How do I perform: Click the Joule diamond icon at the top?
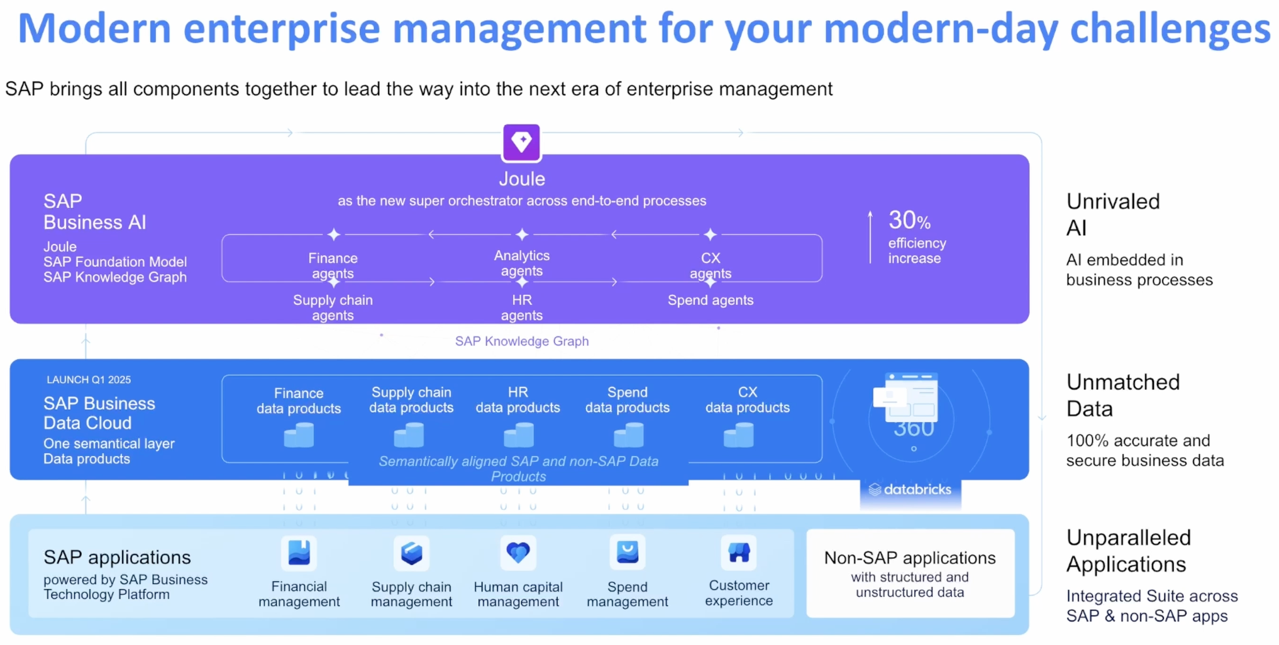click(x=521, y=142)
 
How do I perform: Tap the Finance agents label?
click(x=333, y=266)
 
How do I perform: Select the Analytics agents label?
click(x=522, y=263)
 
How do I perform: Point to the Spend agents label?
click(x=711, y=300)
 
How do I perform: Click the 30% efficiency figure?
click(x=909, y=220)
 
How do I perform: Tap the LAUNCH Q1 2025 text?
click(x=89, y=380)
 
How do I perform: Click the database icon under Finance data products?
click(x=299, y=435)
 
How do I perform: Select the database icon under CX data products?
click(x=738, y=435)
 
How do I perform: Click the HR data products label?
click(x=518, y=400)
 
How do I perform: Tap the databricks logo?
click(x=910, y=489)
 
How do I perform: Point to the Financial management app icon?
click(x=299, y=553)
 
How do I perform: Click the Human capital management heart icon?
click(x=518, y=553)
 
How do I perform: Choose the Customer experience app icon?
click(x=739, y=553)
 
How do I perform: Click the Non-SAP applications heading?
click(x=910, y=558)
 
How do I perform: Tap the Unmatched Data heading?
click(x=1123, y=395)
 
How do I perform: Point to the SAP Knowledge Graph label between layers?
click(x=522, y=341)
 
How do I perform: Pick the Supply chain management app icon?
click(x=411, y=553)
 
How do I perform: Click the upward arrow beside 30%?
click(x=870, y=237)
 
